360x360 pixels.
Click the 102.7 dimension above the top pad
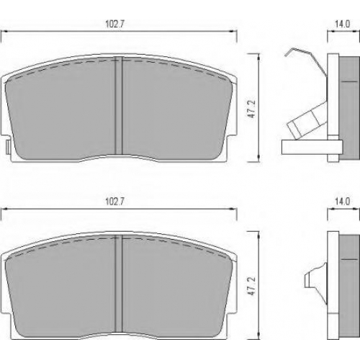pyautogui.click(x=114, y=24)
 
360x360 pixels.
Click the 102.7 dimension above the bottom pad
pyautogui.click(x=114, y=202)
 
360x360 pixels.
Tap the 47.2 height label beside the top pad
pyautogui.click(x=252, y=109)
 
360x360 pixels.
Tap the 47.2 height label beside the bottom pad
pyautogui.click(x=252, y=287)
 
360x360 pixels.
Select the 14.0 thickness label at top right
pyautogui.click(x=343, y=24)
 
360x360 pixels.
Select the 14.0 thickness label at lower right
pyautogui.click(x=343, y=202)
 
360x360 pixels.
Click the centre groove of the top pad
pyautogui.click(x=119, y=105)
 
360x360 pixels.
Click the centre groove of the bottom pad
pyautogui.click(x=119, y=283)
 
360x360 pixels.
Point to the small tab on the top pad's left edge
pyautogui.click(x=8, y=147)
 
